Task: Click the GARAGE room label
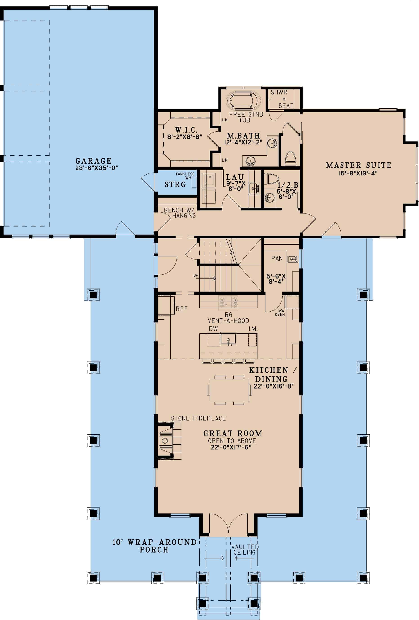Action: pyautogui.click(x=93, y=161)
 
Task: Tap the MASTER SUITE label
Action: pyautogui.click(x=359, y=165)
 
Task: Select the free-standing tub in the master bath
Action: pyautogui.click(x=243, y=101)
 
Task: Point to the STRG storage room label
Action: pyautogui.click(x=175, y=185)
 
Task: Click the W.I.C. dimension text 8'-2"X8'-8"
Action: pyautogui.click(x=185, y=137)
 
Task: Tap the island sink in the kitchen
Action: pyautogui.click(x=228, y=339)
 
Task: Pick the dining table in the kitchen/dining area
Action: pyautogui.click(x=229, y=390)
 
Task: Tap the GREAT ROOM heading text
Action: pyautogui.click(x=232, y=433)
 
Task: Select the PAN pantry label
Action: pyautogui.click(x=277, y=258)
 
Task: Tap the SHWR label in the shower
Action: pyautogui.click(x=279, y=93)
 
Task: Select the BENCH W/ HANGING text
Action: pyautogui.click(x=180, y=213)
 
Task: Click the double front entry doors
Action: pyautogui.click(x=228, y=525)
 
